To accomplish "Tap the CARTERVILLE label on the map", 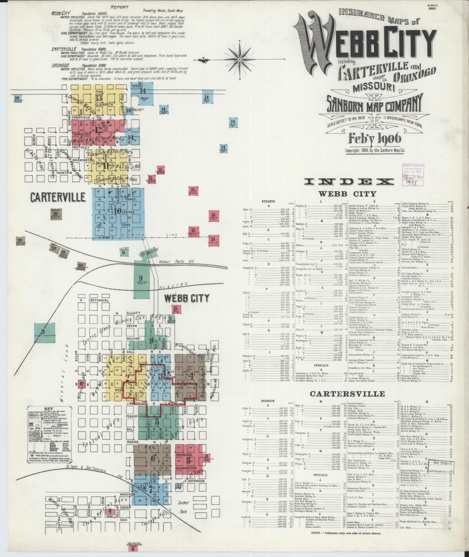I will pyautogui.click(x=58, y=197).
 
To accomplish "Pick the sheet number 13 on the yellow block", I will pyautogui.click(x=99, y=98).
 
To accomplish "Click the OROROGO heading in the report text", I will pyautogui.click(x=60, y=66).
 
